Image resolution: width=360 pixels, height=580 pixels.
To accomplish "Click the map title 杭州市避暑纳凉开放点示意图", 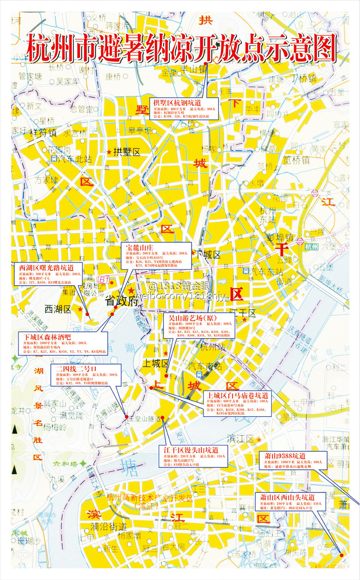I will point(181,48).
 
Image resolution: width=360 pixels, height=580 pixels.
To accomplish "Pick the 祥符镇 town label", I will point(43,133).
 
